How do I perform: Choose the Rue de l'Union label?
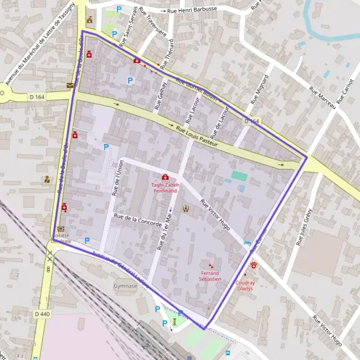(x=117, y=178)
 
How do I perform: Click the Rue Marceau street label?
(x=322, y=97)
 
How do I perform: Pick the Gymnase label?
(x=126, y=286)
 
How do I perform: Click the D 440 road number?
(x=42, y=314)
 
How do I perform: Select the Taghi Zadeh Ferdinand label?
(x=165, y=188)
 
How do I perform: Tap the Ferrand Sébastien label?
(x=211, y=276)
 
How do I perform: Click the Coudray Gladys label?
(x=245, y=285)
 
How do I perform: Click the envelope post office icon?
(x=70, y=86)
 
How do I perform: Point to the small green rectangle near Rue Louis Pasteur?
(x=239, y=176)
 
